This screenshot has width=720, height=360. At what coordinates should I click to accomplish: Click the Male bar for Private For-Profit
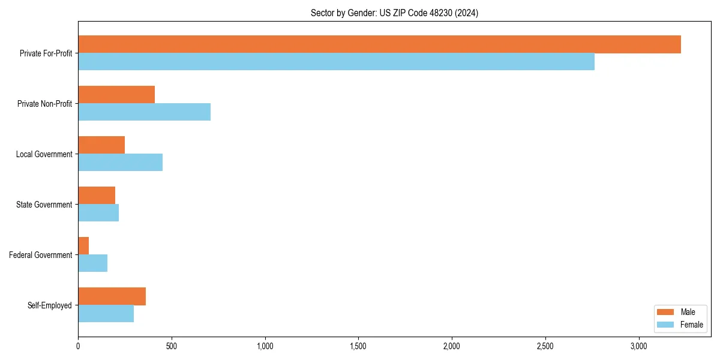tap(379, 44)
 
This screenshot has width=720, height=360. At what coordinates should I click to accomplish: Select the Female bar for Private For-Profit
tap(336, 62)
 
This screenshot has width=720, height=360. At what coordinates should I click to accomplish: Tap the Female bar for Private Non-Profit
tap(144, 112)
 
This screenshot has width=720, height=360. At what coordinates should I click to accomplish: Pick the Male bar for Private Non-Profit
tap(116, 95)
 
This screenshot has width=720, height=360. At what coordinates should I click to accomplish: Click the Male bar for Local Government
tap(101, 145)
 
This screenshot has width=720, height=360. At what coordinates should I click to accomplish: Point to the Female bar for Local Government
tap(120, 163)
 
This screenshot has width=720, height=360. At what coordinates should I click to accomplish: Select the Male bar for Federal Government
tap(83, 246)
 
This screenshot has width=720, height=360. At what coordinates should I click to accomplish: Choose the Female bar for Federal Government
tap(92, 263)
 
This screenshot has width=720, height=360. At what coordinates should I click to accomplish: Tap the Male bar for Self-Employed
tap(112, 296)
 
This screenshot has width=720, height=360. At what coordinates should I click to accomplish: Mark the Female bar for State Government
tap(98, 213)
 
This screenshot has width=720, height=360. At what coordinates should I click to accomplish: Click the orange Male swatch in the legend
tap(665, 312)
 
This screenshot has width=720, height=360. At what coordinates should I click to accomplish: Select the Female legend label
tap(691, 325)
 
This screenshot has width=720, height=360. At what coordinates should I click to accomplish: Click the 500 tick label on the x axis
tap(172, 346)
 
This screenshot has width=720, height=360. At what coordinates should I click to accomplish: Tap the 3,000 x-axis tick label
tap(638, 346)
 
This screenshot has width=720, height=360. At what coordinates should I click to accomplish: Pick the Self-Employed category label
tap(50, 305)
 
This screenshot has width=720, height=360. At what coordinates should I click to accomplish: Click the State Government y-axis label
tap(44, 205)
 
